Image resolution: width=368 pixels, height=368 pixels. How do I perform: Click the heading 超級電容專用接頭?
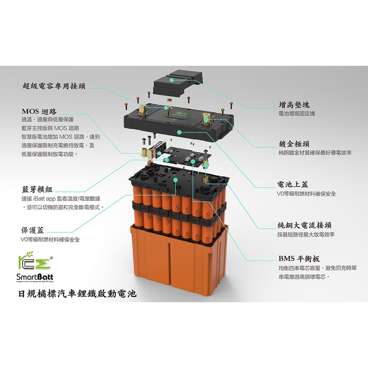(x=54, y=86)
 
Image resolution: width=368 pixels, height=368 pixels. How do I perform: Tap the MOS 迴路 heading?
(x=39, y=111)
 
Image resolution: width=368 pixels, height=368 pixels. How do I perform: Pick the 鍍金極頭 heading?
(x=294, y=144)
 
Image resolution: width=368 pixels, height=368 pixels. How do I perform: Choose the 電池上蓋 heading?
(x=293, y=184)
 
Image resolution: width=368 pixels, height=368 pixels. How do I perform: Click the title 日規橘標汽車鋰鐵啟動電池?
(x=74, y=294)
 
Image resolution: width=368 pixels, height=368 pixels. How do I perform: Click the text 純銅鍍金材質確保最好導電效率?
(x=315, y=153)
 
